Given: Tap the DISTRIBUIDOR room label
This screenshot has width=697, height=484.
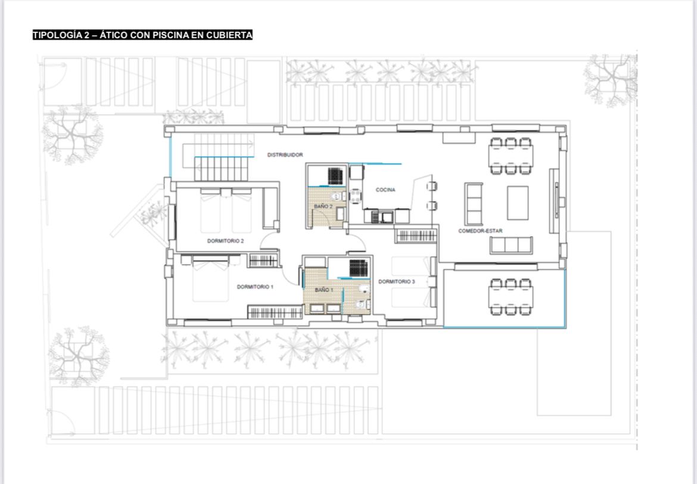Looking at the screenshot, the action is pos(285,155).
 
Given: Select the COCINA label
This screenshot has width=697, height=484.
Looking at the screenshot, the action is pos(385,190).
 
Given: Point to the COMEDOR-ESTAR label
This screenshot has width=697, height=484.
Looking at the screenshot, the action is pos(481,231).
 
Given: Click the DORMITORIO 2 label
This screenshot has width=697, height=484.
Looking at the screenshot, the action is pos(225,241).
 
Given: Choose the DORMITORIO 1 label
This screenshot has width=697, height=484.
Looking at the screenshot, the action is pos(255,287).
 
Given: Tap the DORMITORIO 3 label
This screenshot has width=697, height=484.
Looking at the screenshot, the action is pos(397,281).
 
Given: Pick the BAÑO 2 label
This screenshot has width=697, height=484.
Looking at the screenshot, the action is pos(323,206).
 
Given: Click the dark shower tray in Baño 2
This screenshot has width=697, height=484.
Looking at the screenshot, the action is pos(335,176).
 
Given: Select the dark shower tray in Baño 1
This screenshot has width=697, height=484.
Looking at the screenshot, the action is pos(358,268).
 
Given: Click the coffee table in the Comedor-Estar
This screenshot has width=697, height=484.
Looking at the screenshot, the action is pos(518,203).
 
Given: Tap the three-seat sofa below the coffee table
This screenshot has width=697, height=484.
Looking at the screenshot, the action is pos(511,245).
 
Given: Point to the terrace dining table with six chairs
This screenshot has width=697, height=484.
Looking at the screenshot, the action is pos(511,297).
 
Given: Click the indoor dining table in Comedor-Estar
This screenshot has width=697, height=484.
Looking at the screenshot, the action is pos(511,156).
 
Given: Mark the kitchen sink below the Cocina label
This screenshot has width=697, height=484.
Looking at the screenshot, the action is pos(382,216).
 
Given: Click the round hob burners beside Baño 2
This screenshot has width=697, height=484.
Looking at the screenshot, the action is pos(356,196).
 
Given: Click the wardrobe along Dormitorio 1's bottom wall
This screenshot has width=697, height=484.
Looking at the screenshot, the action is pos(275,312).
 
